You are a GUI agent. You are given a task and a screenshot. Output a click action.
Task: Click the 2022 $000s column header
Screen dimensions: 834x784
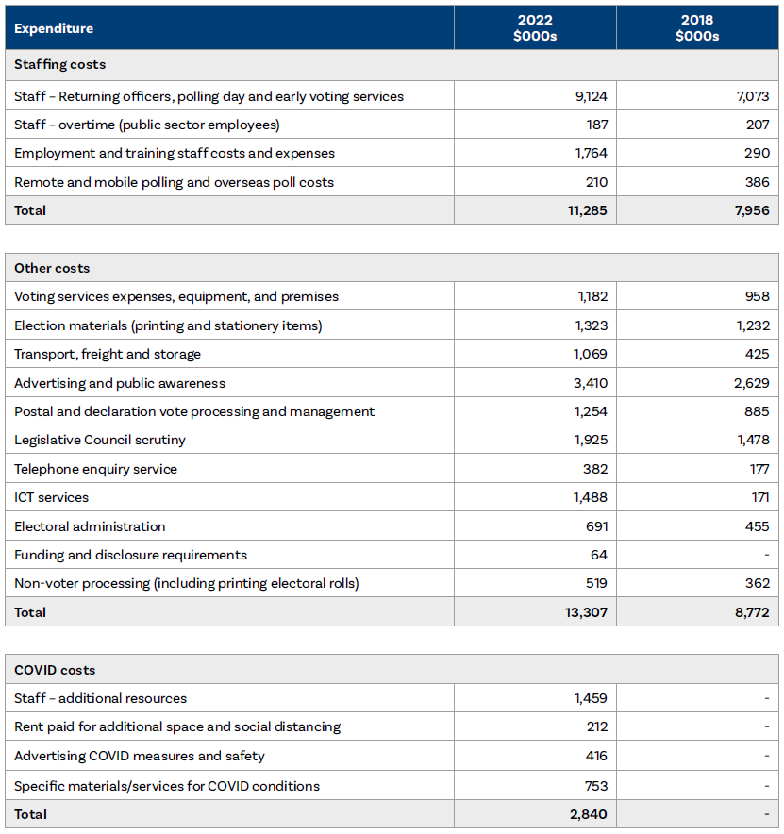535,27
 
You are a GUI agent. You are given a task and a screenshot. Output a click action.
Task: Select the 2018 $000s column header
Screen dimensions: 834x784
697,27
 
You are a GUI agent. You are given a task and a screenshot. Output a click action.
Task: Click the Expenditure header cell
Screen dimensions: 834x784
54,28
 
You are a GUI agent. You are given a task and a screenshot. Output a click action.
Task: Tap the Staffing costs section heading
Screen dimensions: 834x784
59,65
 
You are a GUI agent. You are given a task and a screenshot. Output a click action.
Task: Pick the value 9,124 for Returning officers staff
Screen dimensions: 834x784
592,96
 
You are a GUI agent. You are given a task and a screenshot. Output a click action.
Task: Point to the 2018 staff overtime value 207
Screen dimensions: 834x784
757,125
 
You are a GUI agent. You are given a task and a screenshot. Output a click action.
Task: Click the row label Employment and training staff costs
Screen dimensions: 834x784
175,153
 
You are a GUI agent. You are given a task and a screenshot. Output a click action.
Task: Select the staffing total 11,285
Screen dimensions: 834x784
589,210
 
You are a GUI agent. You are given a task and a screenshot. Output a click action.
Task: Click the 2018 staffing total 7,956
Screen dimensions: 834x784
753,210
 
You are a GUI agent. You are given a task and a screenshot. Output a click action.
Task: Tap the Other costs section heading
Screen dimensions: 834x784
52,269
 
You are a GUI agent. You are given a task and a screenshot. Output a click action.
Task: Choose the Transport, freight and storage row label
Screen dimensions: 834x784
108,354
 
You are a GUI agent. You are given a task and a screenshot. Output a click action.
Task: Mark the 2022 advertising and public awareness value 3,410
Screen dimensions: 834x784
591,383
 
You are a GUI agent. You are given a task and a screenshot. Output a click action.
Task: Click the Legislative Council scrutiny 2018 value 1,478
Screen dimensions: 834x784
753,440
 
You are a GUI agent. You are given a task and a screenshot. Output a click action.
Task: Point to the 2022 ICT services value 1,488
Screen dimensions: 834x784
591,497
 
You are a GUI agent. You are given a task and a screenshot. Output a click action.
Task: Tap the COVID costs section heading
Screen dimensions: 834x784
55,670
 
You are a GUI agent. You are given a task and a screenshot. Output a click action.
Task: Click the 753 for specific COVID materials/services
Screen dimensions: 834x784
595,786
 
